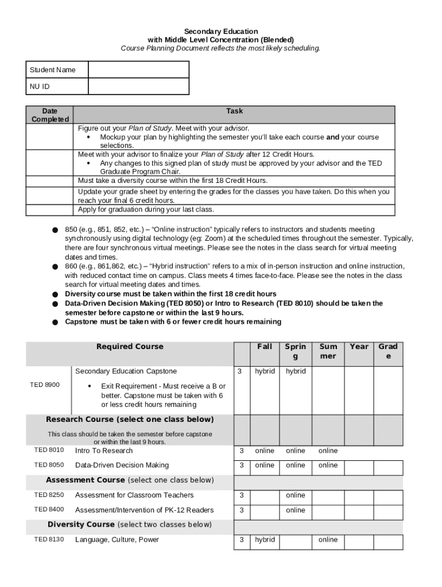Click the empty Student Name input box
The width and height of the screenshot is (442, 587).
tap(138, 69)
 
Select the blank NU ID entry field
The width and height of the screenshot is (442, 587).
tap(138, 87)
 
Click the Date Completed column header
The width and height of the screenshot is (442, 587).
tap(51, 115)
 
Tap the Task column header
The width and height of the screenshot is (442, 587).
tap(234, 111)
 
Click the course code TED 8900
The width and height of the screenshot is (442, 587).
tap(45, 385)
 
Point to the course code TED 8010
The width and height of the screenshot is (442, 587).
tap(49, 450)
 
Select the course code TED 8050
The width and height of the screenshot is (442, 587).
tap(49, 465)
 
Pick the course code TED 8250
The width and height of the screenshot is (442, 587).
tap(49, 495)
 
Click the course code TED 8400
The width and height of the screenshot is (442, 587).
tap(49, 510)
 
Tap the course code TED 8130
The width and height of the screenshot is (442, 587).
tap(49, 539)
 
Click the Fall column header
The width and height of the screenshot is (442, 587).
tap(265, 346)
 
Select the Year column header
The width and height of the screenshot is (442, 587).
tap(359, 346)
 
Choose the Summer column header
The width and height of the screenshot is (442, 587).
tap(328, 351)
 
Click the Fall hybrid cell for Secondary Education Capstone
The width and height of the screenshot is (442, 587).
tap(265, 371)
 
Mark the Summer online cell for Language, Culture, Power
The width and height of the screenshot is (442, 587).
tap(328, 539)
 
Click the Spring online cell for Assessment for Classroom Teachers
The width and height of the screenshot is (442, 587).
tap(296, 495)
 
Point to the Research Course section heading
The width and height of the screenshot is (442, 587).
tap(130, 419)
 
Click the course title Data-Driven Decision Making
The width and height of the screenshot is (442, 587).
tap(122, 465)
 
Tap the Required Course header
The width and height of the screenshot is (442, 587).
tap(130, 346)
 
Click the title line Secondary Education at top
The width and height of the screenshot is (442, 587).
tap(221, 31)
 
